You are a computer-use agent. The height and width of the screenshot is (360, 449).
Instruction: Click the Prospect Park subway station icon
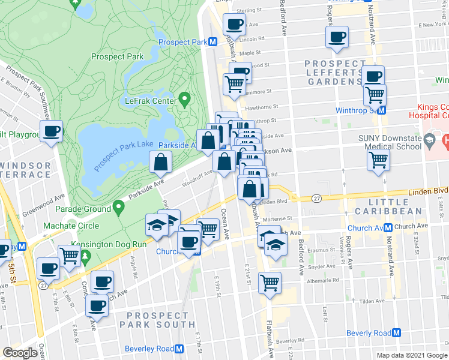click(212, 42)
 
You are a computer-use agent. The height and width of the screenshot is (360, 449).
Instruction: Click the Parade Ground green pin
click(118, 209)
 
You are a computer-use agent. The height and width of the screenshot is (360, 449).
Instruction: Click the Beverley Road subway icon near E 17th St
click(179, 349)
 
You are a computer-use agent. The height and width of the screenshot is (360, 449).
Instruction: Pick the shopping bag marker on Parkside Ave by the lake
click(161, 162)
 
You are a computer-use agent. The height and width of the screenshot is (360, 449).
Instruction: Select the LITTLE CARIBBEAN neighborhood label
click(397, 205)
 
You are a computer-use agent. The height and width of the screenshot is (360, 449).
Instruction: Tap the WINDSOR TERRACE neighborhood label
click(27, 170)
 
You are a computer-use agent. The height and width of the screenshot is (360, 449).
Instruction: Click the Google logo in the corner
click(20, 353)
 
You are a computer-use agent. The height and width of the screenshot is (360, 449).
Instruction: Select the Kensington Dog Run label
click(109, 244)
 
